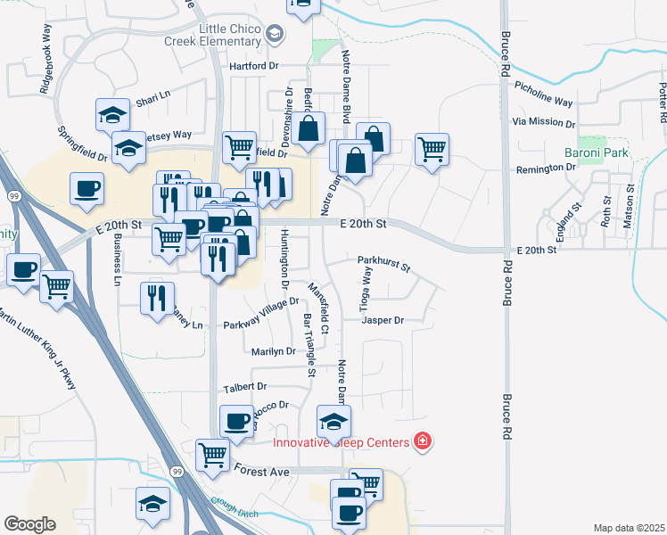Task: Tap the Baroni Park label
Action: tap(597, 153)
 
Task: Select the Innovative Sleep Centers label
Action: tap(342, 442)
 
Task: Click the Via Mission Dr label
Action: tap(544, 122)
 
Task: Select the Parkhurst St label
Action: tap(383, 264)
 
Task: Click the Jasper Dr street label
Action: tap(383, 320)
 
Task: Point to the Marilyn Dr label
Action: tap(273, 352)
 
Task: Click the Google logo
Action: tap(29, 523)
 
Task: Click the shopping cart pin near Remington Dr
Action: tap(432, 148)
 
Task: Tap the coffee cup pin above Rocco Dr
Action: tap(236, 420)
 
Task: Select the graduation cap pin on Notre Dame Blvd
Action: tap(333, 422)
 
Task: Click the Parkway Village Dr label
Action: tap(260, 315)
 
